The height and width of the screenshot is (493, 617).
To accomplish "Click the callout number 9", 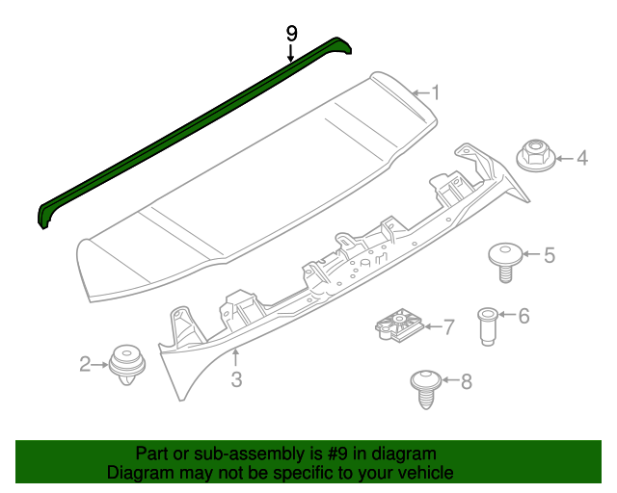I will [x=291, y=34].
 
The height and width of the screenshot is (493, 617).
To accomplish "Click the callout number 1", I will [x=436, y=93].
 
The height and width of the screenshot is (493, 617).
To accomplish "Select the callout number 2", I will [x=85, y=363].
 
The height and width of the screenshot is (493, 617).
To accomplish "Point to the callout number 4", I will [x=582, y=157].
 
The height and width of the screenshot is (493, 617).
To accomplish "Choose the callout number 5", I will [x=550, y=255].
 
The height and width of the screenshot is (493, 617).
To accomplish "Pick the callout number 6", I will [x=523, y=315].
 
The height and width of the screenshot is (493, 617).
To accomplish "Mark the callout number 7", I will [x=448, y=327].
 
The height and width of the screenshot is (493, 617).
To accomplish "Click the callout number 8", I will [x=467, y=382].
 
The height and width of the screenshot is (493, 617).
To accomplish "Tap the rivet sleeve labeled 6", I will [x=488, y=326].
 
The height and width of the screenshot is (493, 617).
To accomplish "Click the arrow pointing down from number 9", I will [x=291, y=53].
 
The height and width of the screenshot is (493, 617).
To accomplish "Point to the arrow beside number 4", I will [x=562, y=157].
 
